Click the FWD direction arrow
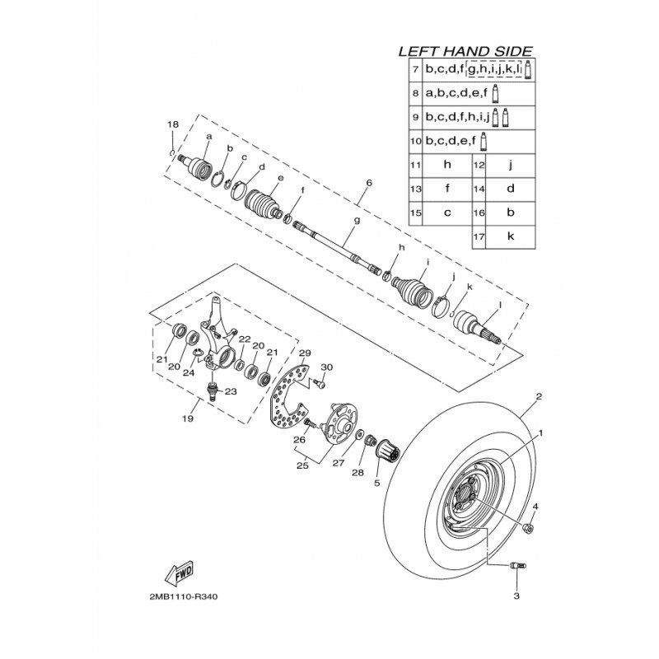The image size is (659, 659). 179,573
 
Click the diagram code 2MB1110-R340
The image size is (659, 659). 184,596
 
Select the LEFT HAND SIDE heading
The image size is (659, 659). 465,51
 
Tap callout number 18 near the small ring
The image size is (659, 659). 173,124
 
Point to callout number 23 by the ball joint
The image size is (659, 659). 231,392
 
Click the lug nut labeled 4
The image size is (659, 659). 528,528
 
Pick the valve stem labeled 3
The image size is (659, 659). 516,566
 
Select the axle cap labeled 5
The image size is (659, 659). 386,451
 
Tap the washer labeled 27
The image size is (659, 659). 360,434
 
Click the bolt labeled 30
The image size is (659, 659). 320,383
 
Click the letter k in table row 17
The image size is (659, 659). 511,236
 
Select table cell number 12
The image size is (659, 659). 479,166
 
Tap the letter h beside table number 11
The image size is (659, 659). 447,164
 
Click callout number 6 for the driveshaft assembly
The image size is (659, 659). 369,183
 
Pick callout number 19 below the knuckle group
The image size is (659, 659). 188,418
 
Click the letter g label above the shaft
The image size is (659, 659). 358,220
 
